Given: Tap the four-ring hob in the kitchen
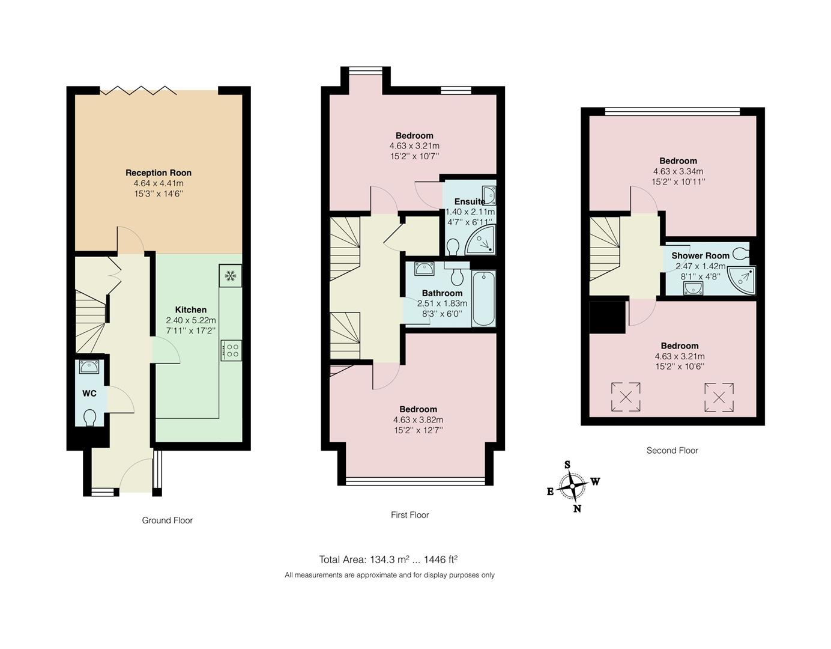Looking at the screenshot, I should pyautogui.click(x=231, y=350).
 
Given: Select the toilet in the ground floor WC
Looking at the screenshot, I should pyautogui.click(x=90, y=417).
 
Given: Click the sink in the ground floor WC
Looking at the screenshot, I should pyautogui.click(x=89, y=366).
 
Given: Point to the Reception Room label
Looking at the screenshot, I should pyautogui.click(x=159, y=173).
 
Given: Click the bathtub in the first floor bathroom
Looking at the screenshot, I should pyautogui.click(x=483, y=299).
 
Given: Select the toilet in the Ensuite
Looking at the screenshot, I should pyautogui.click(x=453, y=246).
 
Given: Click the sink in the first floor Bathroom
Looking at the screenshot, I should pyautogui.click(x=424, y=268).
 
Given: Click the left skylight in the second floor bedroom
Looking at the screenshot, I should pyautogui.click(x=626, y=397).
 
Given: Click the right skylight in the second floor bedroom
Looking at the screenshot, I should pyautogui.click(x=719, y=397).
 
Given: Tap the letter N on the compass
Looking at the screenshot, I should pyautogui.click(x=577, y=508).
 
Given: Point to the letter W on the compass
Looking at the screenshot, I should pyautogui.click(x=595, y=481).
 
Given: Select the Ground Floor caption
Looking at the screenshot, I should pyautogui.click(x=167, y=520).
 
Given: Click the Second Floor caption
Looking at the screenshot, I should pyautogui.click(x=672, y=450).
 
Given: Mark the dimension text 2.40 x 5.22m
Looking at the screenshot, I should pyautogui.click(x=191, y=320).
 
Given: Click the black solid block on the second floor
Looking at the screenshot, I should pyautogui.click(x=607, y=317).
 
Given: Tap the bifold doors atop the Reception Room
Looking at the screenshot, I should pyautogui.click(x=139, y=91).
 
